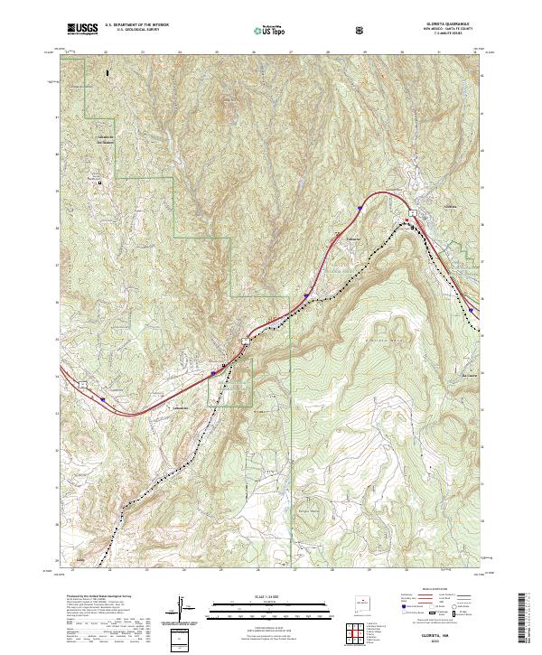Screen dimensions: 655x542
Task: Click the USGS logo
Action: pos(82,29)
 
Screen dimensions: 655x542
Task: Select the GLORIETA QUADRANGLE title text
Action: pos(429,24)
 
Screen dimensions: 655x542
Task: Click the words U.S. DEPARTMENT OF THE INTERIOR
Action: pos(136,25)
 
